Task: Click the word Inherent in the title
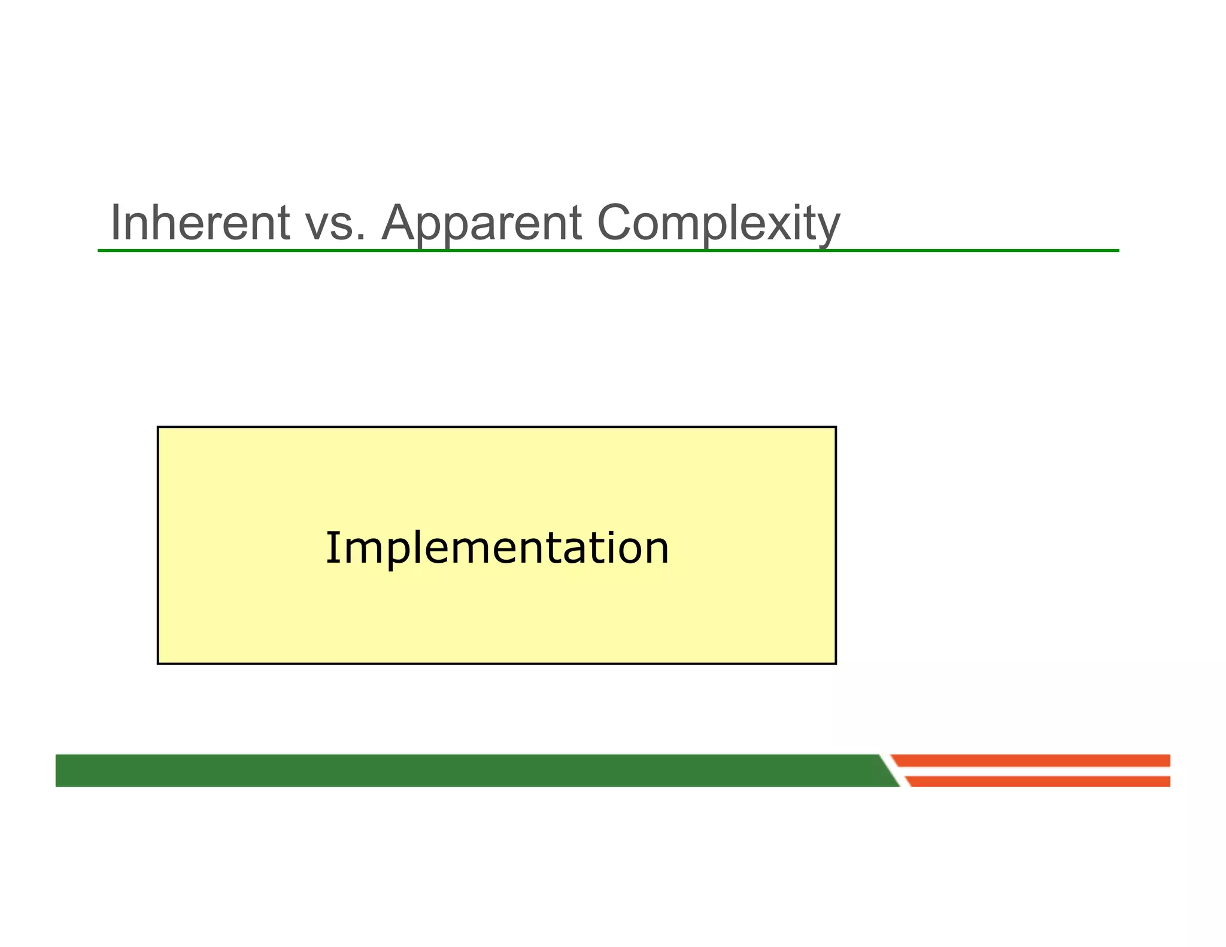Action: coord(200,223)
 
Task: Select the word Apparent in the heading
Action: coord(482,223)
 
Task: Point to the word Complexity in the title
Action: coord(718,223)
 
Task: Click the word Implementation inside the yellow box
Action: coord(496,548)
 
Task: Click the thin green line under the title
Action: coord(608,250)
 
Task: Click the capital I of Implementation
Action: coord(331,547)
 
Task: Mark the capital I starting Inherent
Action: coord(116,223)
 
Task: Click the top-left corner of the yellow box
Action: coord(158,427)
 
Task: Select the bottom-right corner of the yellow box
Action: coord(836,663)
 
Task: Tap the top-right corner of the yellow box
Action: coord(836,427)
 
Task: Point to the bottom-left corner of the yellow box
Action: coord(158,663)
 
